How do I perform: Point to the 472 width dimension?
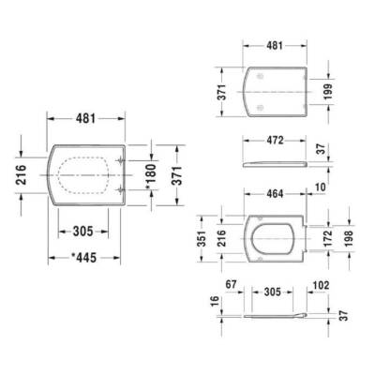tap(271, 142)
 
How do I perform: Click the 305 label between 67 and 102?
tap(272, 291)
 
